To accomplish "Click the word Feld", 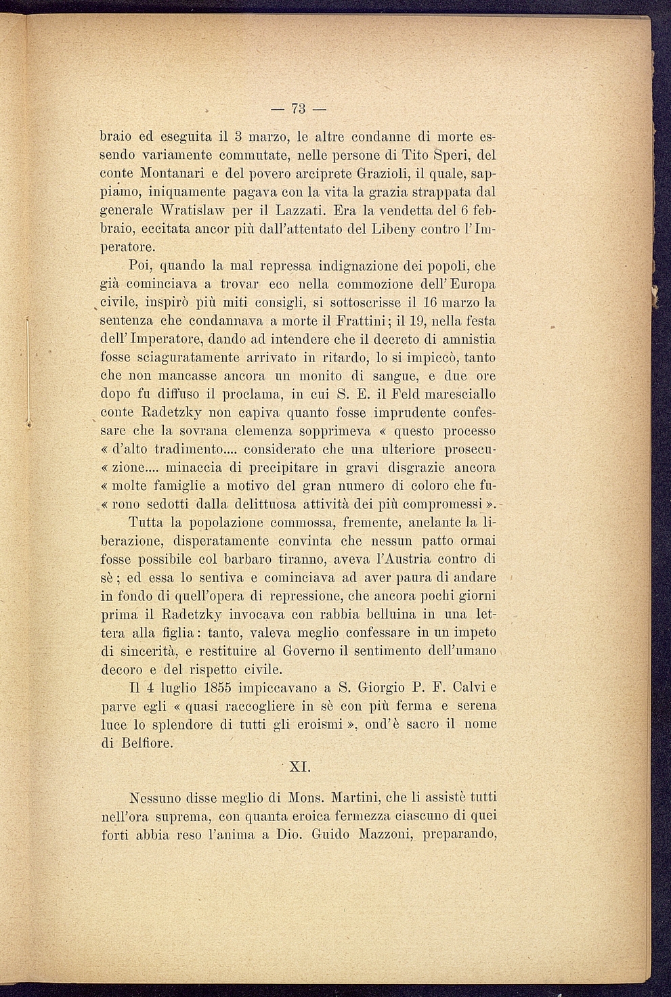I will [x=396, y=394].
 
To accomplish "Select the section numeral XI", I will [x=299, y=768].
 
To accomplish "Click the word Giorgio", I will [x=385, y=688].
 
